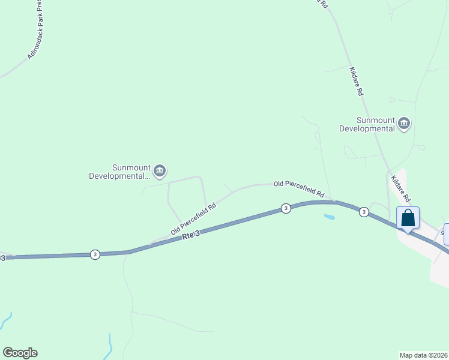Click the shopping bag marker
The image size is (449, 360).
point(408,218)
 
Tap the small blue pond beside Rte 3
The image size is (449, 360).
point(328,216)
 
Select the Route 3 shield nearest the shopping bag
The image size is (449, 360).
point(364,212)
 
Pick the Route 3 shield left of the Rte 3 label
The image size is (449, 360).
point(95,254)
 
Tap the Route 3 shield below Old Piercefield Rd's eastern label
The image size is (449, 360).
point(286,208)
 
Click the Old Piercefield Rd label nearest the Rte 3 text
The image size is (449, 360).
point(193,218)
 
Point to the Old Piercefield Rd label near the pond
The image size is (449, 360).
point(299,189)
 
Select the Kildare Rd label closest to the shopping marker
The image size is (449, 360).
point(400,188)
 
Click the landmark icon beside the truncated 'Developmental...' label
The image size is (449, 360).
point(160,172)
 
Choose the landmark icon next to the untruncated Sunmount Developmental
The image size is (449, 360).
point(404,124)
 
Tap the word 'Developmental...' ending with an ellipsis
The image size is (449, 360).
point(119,176)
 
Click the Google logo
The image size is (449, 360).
point(20,353)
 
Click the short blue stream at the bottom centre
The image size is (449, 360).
point(110,345)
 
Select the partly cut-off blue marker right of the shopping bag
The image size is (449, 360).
point(447,233)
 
